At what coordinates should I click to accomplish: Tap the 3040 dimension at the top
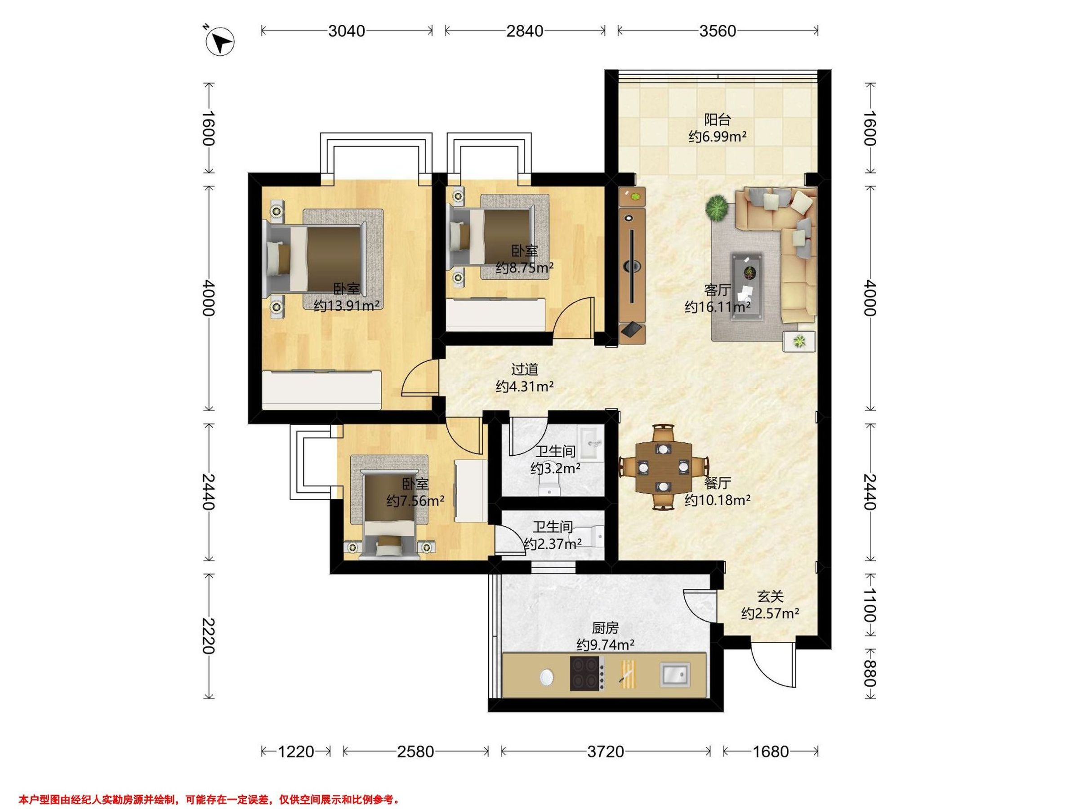pos(347,31)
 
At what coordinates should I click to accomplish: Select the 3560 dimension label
pos(718,31)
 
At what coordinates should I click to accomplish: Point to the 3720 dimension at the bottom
pos(605,751)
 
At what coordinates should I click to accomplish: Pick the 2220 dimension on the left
pos(208,636)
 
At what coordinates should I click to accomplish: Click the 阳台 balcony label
pos(718,120)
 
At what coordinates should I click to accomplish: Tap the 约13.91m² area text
pos(347,306)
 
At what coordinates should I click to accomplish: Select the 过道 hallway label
pos(524,369)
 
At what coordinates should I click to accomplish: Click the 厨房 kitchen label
pos(605,627)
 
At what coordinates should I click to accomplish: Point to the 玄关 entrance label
pos(770,596)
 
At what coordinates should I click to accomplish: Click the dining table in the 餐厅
pos(664,467)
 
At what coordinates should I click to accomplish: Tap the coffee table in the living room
pos(747,286)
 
